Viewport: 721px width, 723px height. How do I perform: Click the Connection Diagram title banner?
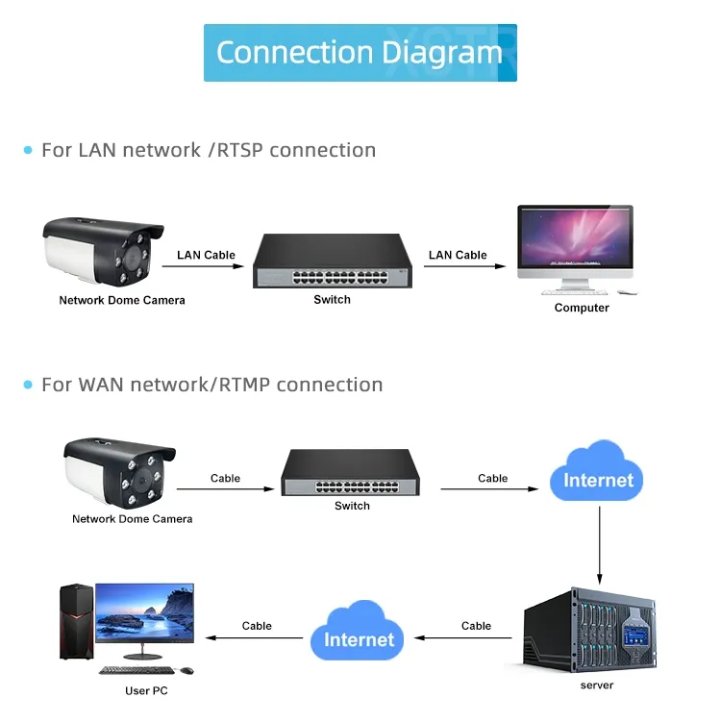coord(360,53)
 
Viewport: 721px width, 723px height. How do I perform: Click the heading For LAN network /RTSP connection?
coord(208,150)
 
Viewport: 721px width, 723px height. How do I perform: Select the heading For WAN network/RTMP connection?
coord(211,385)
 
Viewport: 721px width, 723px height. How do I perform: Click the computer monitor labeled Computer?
coord(575,241)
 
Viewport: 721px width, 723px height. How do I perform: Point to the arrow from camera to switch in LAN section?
coord(206,266)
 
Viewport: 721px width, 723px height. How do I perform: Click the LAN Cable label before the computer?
coord(458,255)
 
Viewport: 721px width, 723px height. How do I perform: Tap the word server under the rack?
coord(596,685)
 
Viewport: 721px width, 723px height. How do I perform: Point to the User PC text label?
coord(146,690)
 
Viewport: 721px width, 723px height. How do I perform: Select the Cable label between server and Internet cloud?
coord(476,625)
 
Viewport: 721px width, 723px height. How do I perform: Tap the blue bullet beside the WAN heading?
coord(28,386)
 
